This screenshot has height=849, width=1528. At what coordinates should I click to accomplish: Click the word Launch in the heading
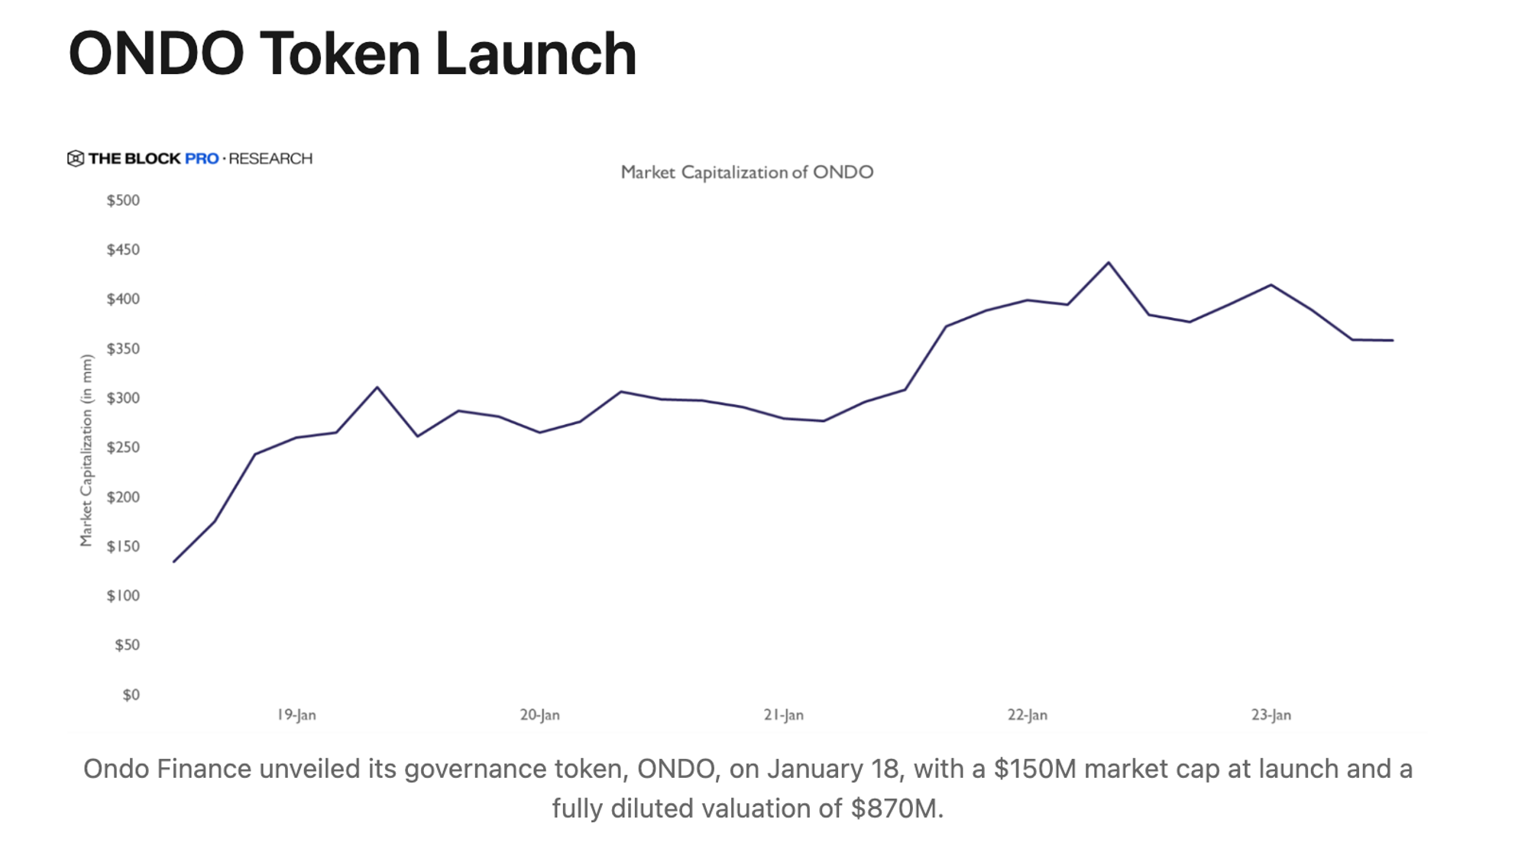point(536,54)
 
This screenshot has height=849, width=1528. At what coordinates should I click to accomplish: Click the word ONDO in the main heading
point(156,54)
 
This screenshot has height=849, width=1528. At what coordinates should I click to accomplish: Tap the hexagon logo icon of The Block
point(76,158)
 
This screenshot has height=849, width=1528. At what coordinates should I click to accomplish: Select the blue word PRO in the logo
point(202,158)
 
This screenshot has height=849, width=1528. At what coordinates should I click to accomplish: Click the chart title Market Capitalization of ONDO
point(746,172)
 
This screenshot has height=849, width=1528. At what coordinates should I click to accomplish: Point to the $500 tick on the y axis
point(123,200)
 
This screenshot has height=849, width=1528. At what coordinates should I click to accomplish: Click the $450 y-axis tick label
point(123,250)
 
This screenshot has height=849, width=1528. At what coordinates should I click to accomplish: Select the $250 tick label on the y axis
point(123,447)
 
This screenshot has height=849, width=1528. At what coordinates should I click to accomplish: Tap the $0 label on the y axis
point(131,695)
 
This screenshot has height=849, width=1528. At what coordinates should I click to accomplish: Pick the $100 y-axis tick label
point(123,595)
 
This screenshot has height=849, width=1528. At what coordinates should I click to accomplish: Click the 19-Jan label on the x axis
point(296,715)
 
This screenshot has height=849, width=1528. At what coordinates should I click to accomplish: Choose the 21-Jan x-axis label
point(783,715)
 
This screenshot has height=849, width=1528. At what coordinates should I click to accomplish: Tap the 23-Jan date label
point(1271,715)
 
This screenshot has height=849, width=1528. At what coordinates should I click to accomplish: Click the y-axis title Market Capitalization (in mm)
point(86,451)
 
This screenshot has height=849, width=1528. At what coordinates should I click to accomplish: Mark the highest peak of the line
point(1109,263)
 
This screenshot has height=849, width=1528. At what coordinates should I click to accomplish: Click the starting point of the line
point(174,562)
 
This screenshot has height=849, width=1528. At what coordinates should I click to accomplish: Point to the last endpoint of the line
point(1392,340)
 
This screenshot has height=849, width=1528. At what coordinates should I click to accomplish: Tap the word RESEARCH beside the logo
point(270,158)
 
